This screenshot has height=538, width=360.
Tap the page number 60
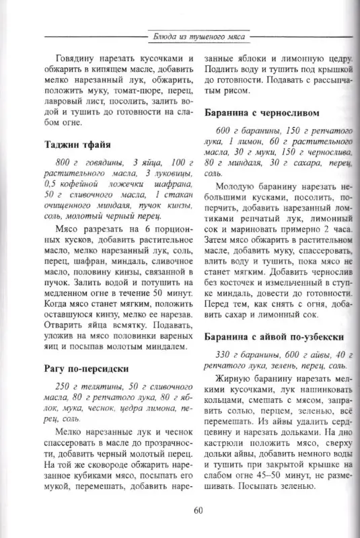[x=198, y=510]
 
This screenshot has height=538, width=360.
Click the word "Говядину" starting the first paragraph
[x=71, y=59]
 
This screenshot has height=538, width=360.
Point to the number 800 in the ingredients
[x=65, y=162]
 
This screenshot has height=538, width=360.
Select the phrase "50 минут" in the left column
[x=163, y=293]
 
